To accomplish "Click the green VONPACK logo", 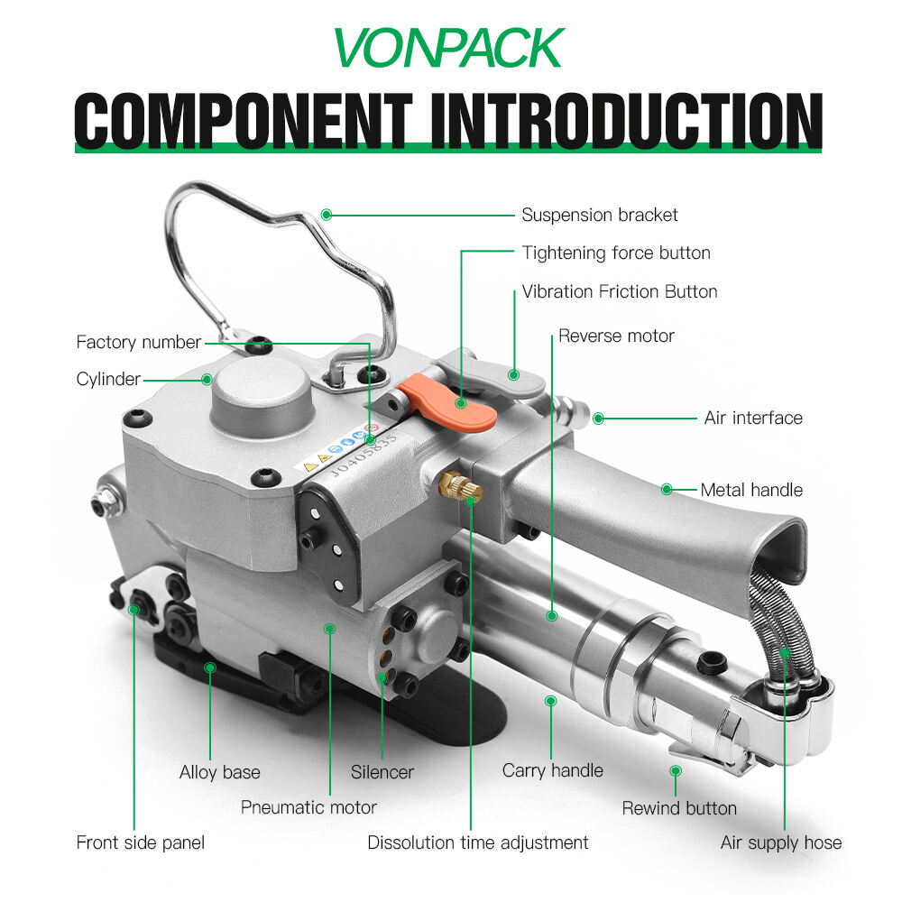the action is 448,48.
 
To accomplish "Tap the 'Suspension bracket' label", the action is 600,215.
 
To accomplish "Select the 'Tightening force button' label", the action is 616,253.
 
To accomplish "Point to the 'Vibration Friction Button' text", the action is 620,291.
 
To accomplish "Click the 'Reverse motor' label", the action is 616,336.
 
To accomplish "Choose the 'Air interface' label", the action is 753,418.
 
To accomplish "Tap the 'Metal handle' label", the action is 751,490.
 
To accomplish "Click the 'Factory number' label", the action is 139,342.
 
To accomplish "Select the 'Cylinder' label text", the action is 108,379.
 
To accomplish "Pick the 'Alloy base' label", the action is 220,772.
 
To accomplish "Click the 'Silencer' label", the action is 382,772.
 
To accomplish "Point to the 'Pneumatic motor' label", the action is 308,807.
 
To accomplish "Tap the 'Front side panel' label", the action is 141,842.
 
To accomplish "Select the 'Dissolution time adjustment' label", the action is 477,842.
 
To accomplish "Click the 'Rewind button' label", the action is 679,808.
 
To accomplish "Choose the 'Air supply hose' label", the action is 780,842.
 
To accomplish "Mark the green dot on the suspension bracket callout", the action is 327,215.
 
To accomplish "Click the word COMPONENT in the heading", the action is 244,120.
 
